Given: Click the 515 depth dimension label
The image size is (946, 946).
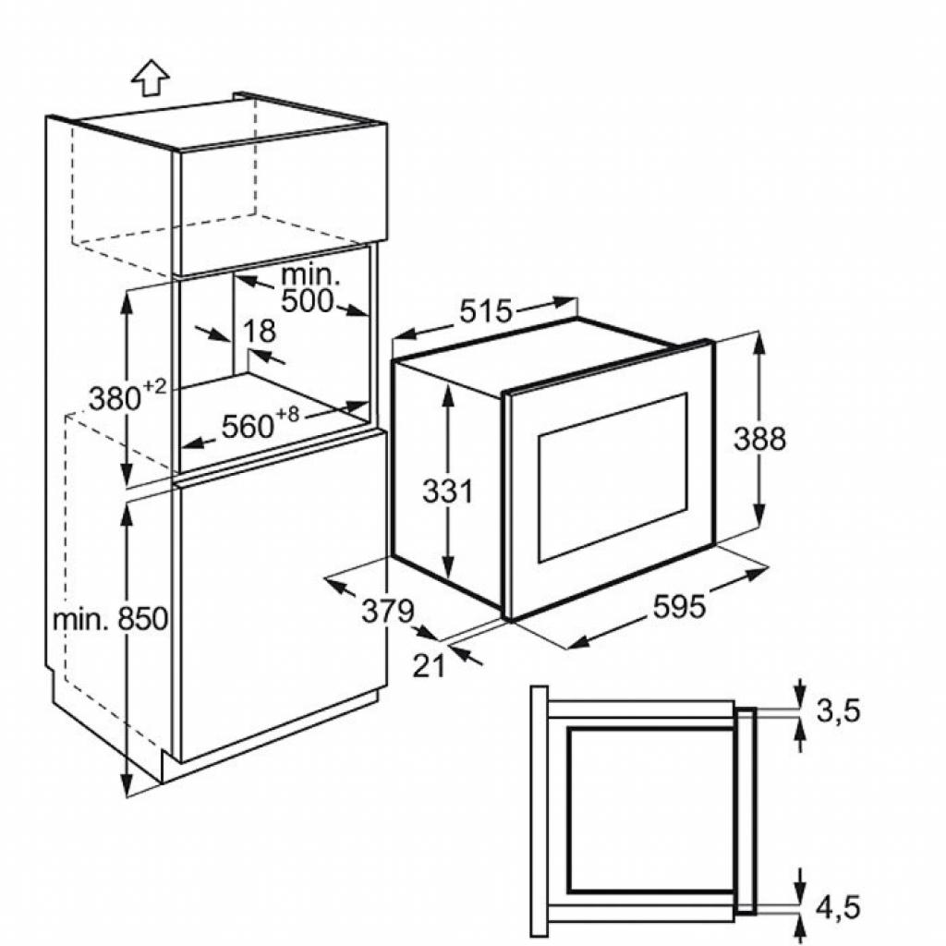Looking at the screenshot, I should [x=486, y=312].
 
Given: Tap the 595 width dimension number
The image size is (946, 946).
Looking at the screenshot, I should [x=679, y=606].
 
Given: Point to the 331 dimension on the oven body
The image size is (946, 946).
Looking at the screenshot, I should [x=447, y=491].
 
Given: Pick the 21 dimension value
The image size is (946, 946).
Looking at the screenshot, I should [x=429, y=665].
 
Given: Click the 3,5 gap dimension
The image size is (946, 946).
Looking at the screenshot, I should [x=839, y=710].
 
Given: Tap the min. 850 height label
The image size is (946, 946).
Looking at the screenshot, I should [x=110, y=618].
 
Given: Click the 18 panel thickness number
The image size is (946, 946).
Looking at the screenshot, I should [x=261, y=332].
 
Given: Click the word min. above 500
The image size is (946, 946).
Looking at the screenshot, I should [x=310, y=273].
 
